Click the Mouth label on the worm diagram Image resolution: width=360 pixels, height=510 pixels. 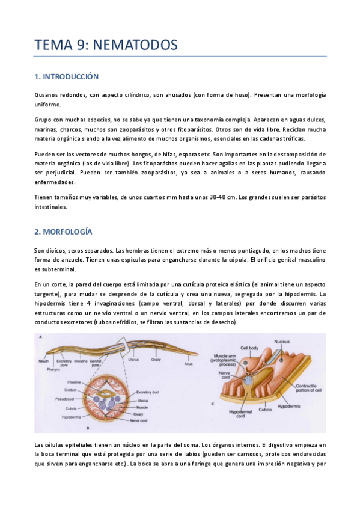point(43,361)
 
